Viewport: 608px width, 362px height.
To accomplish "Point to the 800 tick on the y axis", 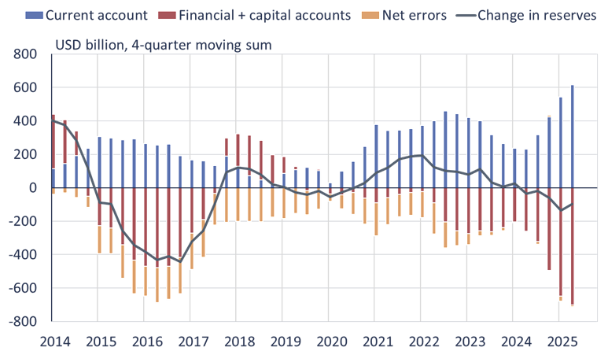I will coord(25,54).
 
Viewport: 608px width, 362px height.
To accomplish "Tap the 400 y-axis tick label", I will coord(25,121).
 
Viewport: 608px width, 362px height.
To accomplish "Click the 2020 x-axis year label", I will coord(331,343).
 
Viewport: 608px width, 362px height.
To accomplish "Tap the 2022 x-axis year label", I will coord(424,343).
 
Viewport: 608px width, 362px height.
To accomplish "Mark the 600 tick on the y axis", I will coord(25,88).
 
